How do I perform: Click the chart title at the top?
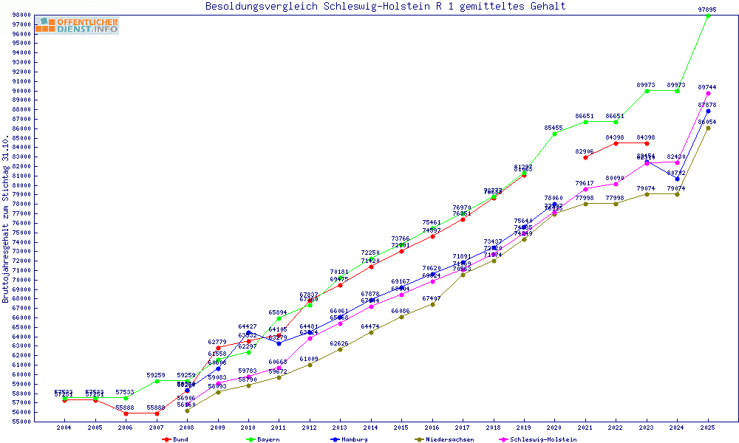pyautogui.click(x=386, y=7)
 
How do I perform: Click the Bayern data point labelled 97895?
pyautogui.click(x=708, y=16)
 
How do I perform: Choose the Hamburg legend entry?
pyautogui.click(x=350, y=439)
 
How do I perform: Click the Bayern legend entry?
pyautogui.click(x=262, y=439)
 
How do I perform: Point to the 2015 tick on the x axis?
pyautogui.click(x=401, y=427)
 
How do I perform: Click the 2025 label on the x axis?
pyautogui.click(x=708, y=427)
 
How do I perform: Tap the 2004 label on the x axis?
pyautogui.click(x=64, y=427)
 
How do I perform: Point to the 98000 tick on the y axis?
pyautogui.click(x=21, y=15)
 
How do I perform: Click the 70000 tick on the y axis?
pyautogui.click(x=21, y=280)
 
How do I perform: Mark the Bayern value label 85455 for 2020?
pyautogui.click(x=554, y=128)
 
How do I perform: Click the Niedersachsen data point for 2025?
pyautogui.click(x=708, y=128)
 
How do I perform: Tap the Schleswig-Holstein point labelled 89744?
pyautogui.click(x=708, y=93)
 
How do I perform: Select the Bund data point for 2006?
pyautogui.click(x=126, y=413)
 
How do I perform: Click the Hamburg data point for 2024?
pyautogui.click(x=677, y=179)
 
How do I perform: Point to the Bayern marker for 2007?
pyautogui.click(x=157, y=381)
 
